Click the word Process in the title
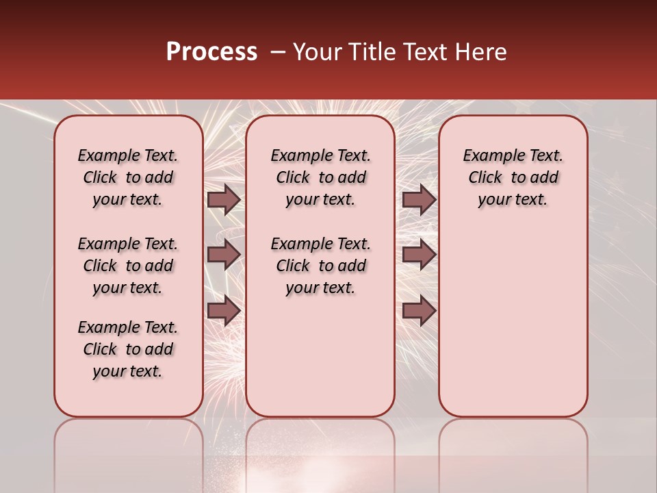[211, 52]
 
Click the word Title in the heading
[370, 52]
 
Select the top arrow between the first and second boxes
[224, 200]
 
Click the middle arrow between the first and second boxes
[224, 255]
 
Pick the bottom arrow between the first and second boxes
[224, 310]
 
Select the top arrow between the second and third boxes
[419, 200]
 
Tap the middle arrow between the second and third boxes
[419, 255]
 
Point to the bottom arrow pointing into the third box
[419, 310]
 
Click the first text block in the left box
[128, 177]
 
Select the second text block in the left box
[128, 266]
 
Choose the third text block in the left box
[128, 349]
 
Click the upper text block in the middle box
[320, 177]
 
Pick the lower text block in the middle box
[320, 266]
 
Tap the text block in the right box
[513, 177]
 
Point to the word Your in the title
[316, 52]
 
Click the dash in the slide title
[277, 53]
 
